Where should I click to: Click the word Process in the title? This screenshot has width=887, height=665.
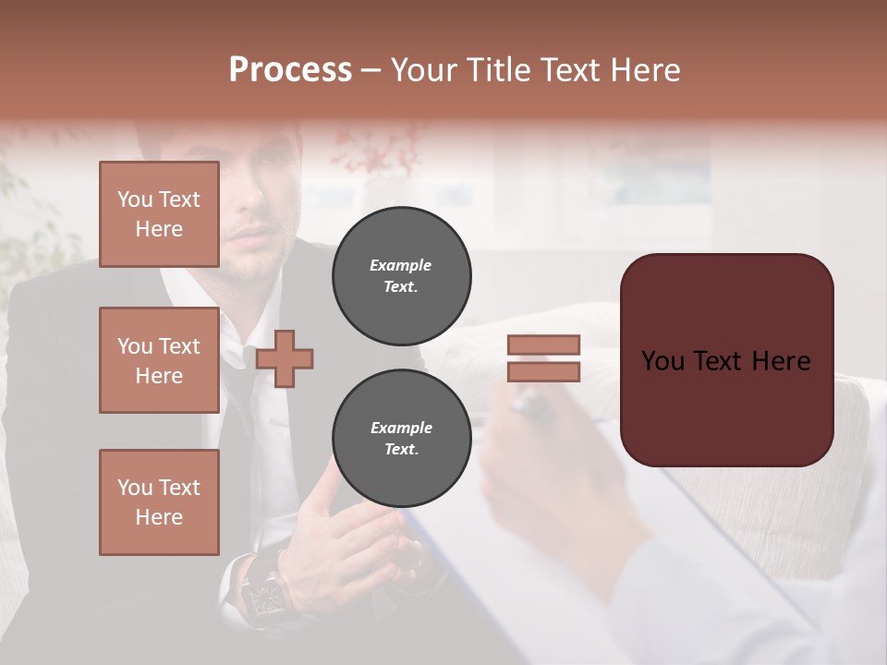pos(290,69)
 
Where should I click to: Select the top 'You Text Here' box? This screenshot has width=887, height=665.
pos(159,214)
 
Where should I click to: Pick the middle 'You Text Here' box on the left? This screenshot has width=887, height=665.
pos(159,360)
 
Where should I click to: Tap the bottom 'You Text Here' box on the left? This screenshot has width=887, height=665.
pos(159,502)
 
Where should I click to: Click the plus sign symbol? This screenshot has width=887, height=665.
pos(285,358)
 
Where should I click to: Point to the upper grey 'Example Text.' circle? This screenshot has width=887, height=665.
pos(402,276)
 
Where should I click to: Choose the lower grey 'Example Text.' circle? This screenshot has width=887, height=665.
pos(402,439)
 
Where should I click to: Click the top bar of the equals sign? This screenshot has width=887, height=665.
pos(543,345)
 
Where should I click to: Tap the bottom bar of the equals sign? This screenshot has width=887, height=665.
pos(543,372)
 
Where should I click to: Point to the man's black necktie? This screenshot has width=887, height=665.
pos(242,406)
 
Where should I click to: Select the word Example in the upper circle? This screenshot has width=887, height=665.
pos(401,265)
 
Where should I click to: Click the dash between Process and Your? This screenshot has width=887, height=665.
pos(371,70)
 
